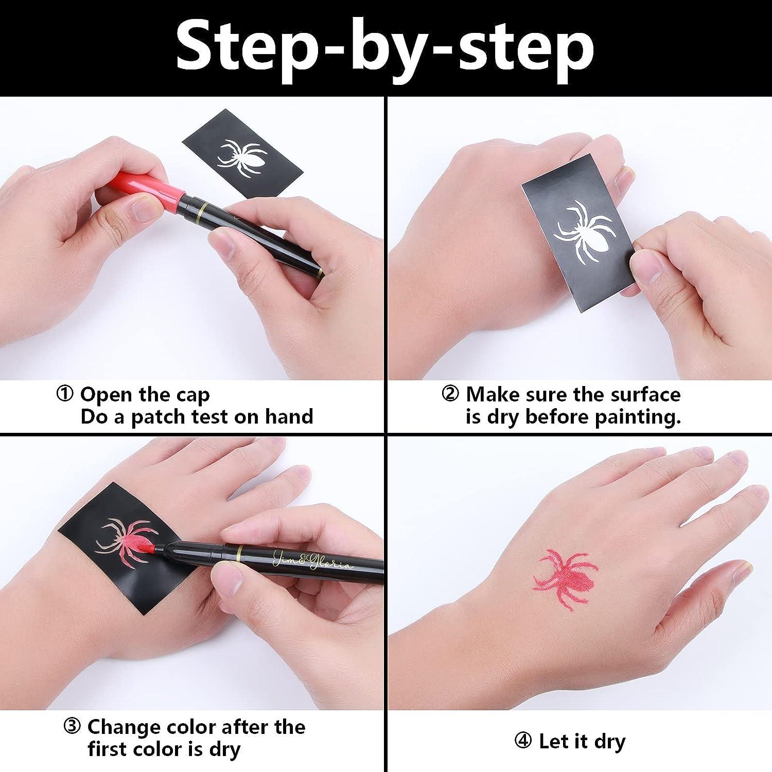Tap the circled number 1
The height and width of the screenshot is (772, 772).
tap(65, 395)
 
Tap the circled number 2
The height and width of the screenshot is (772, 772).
tap(450, 394)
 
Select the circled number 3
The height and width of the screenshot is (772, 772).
tap(72, 727)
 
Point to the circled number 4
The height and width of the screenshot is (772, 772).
tap(523, 741)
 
